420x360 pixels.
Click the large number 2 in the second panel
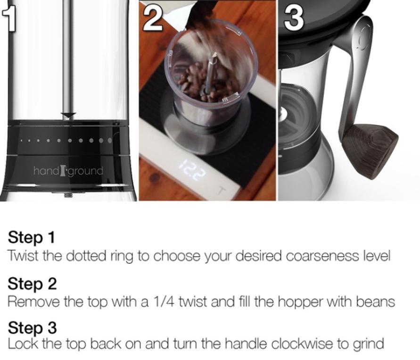coord(153,18)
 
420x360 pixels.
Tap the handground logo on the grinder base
coord(68,171)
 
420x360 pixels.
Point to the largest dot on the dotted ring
coord(110,140)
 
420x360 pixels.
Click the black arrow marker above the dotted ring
coord(68,116)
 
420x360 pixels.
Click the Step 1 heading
coord(31,237)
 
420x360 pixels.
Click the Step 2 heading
coord(32,284)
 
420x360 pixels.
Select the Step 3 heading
coord(32,327)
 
